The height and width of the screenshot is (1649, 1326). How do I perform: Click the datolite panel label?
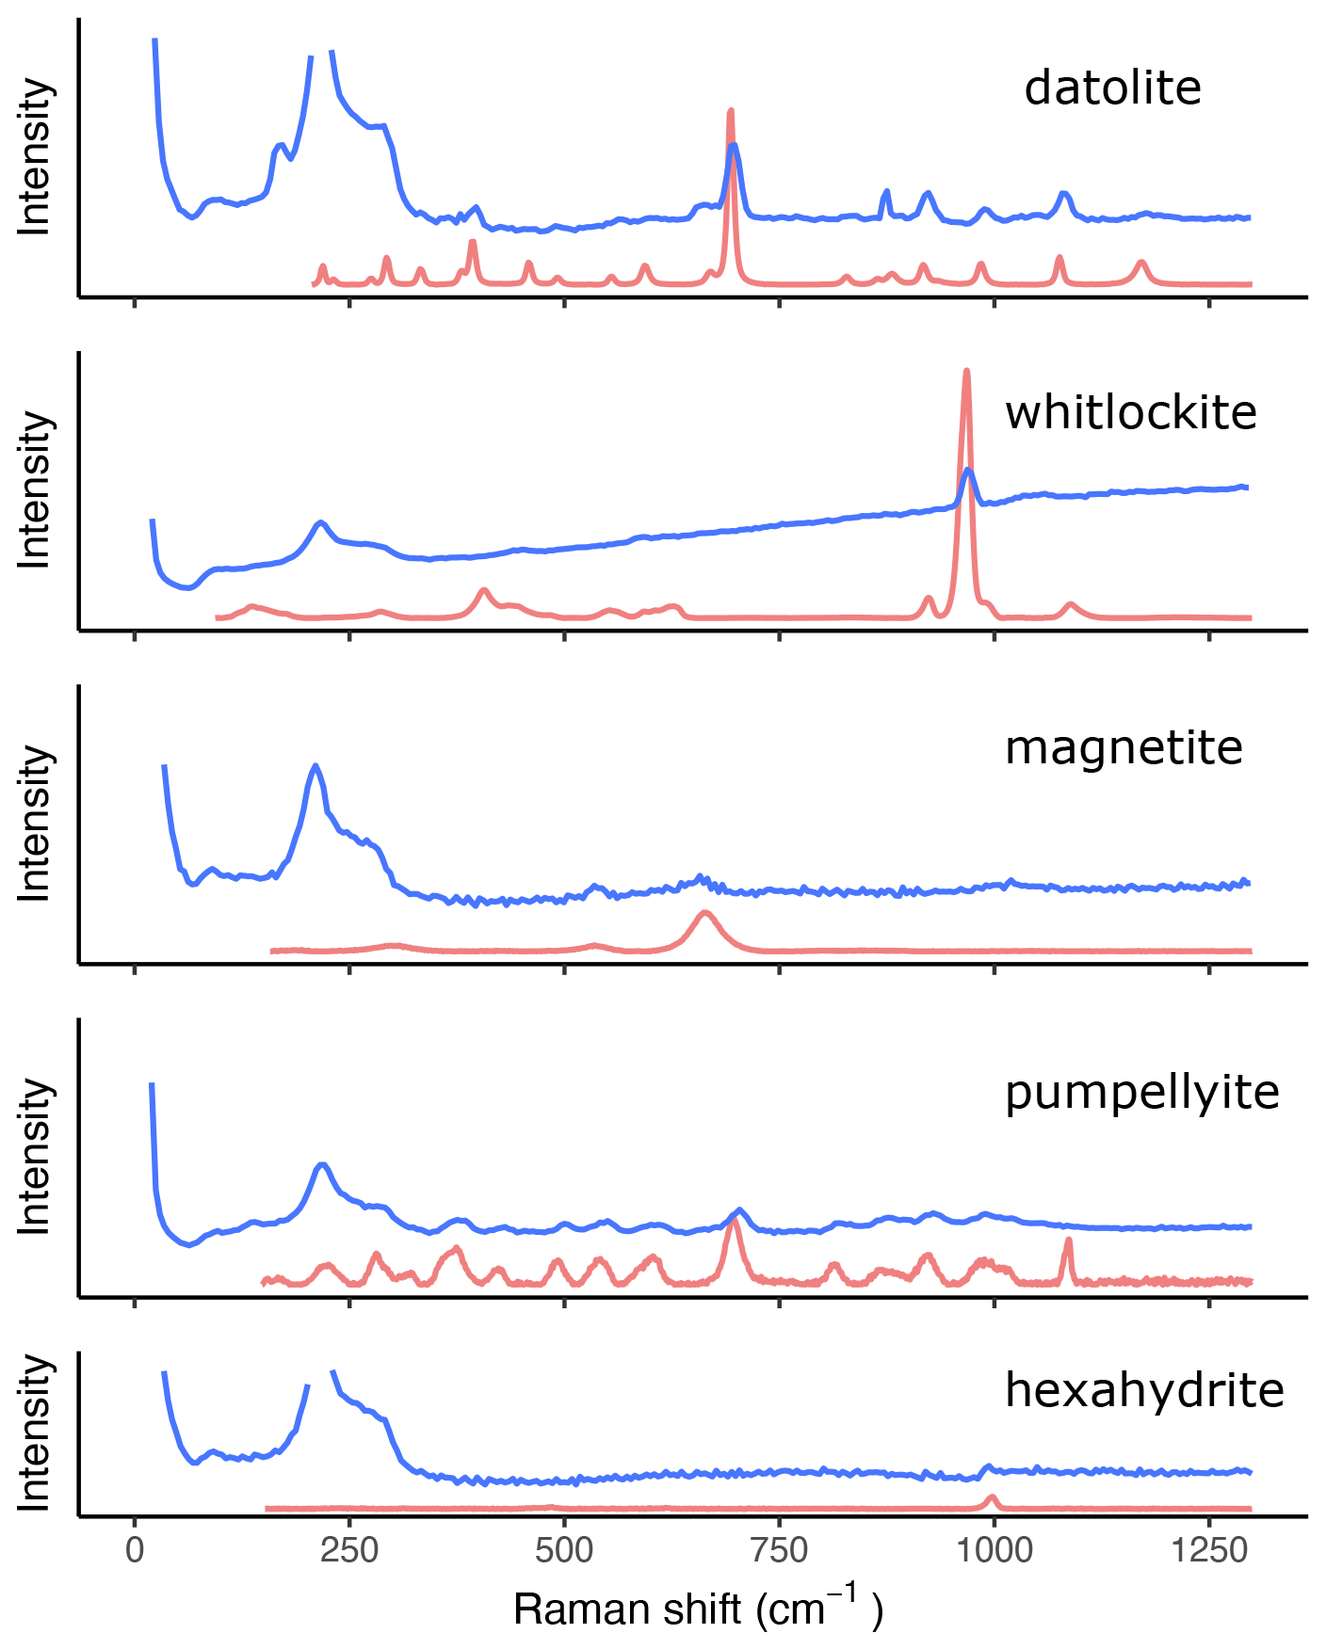click(x=1112, y=88)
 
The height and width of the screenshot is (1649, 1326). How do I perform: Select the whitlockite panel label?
click(x=1130, y=413)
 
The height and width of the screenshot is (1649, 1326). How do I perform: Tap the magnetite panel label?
click(x=1124, y=748)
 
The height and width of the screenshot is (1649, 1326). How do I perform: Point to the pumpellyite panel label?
click(x=1141, y=1094)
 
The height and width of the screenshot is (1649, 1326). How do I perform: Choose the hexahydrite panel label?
click(x=1144, y=1390)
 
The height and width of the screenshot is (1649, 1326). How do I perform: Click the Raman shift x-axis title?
click(x=698, y=1609)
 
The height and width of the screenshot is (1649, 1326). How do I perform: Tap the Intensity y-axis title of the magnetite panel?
click(x=35, y=824)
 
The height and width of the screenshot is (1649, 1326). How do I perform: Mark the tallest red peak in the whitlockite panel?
click(x=966, y=372)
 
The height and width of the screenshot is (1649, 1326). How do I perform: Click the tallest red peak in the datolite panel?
click(x=731, y=112)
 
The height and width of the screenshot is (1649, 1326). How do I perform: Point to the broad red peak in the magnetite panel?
click(x=703, y=913)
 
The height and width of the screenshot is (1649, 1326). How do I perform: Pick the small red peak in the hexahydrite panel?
click(x=991, y=1497)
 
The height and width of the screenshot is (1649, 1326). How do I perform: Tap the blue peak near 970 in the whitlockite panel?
click(x=967, y=470)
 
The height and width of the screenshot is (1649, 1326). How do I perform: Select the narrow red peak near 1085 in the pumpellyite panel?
click(x=1068, y=1241)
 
